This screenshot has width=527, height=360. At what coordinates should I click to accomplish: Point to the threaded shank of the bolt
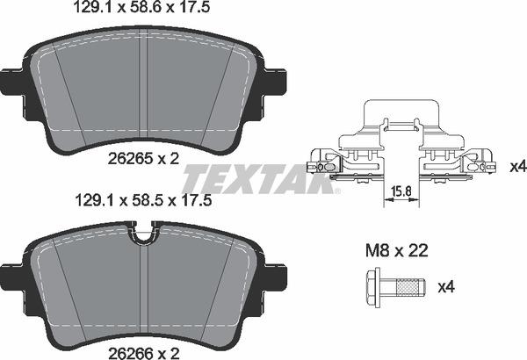point(408,286)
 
